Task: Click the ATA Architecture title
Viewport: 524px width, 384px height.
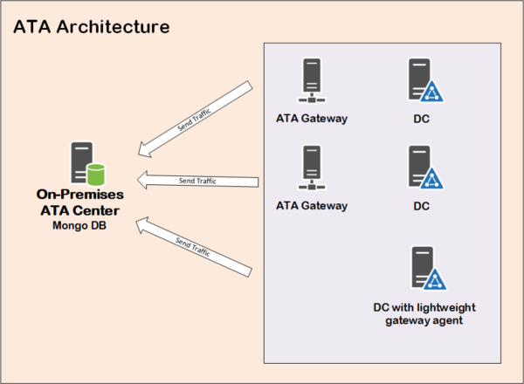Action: (x=91, y=28)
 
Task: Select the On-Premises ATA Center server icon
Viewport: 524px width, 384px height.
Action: (x=86, y=162)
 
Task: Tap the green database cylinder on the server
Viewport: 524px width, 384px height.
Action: (x=94, y=172)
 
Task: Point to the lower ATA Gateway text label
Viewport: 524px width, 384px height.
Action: (x=312, y=206)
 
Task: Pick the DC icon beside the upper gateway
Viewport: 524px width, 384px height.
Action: (x=424, y=81)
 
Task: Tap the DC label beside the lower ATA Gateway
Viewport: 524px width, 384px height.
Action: (x=422, y=206)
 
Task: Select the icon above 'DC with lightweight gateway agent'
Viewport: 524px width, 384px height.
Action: (x=427, y=269)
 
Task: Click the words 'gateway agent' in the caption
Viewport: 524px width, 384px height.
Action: (x=423, y=320)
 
